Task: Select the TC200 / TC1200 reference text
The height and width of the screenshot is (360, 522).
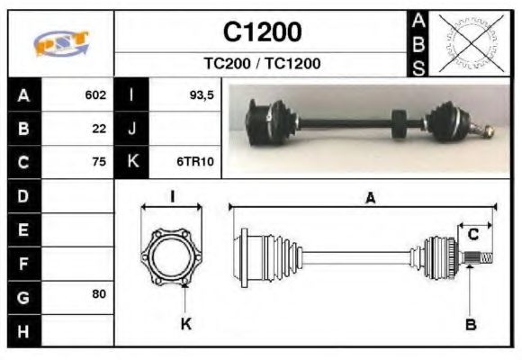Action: point(262,64)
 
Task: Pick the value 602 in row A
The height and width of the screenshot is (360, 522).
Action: point(95,94)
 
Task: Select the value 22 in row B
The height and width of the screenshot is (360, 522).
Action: point(99,129)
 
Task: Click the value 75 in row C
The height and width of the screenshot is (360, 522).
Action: point(99,162)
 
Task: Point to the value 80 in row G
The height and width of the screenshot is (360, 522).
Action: point(99,294)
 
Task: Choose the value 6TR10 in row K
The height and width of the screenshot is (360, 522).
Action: point(195,162)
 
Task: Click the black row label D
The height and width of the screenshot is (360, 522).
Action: point(23,195)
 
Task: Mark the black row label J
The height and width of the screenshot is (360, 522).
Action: point(132,129)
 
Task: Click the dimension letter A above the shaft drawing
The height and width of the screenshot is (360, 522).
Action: point(370,199)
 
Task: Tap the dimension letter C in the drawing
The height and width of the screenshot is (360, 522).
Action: point(472,235)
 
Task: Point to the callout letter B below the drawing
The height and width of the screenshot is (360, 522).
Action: point(470,324)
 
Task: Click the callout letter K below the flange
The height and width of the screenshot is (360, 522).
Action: point(185,323)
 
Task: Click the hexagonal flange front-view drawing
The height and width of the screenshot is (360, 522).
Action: point(171,257)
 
